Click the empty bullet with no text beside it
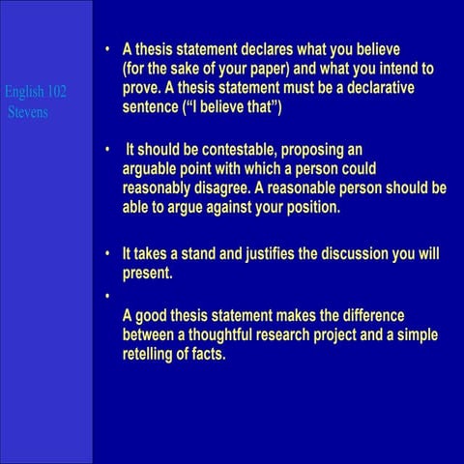[x=109, y=295]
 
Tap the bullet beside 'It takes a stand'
[x=109, y=254]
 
